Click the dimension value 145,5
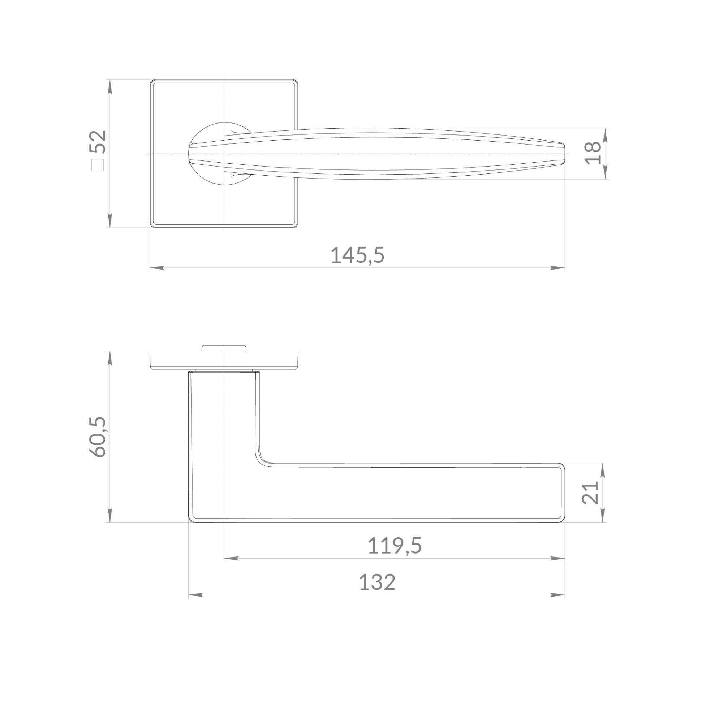pyautogui.click(x=357, y=255)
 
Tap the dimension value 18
pyautogui.click(x=593, y=153)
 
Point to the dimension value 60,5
pyautogui.click(x=98, y=437)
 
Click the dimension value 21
pyautogui.click(x=590, y=493)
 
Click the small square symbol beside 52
pyautogui.click(x=98, y=165)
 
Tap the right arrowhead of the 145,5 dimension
pyautogui.click(x=557, y=268)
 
